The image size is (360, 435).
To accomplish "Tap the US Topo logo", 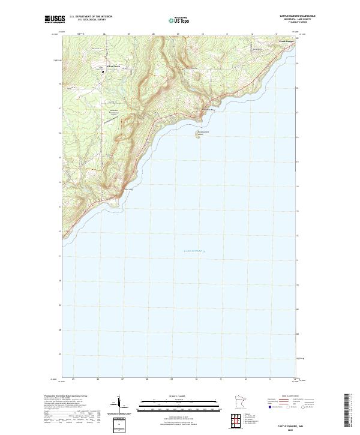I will (180, 19).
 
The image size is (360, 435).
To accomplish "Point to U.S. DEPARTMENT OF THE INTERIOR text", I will (91, 17).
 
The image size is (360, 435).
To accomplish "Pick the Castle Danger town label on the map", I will (286, 41).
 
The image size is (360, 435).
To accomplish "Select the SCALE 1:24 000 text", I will (180, 397).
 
